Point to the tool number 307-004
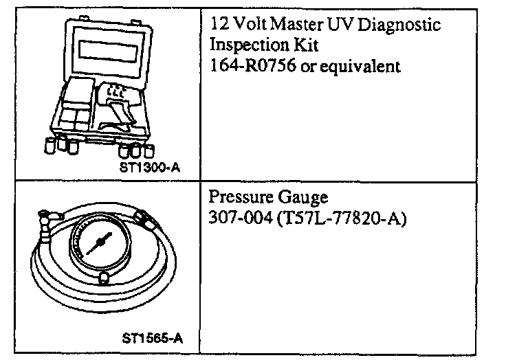[237, 220]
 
